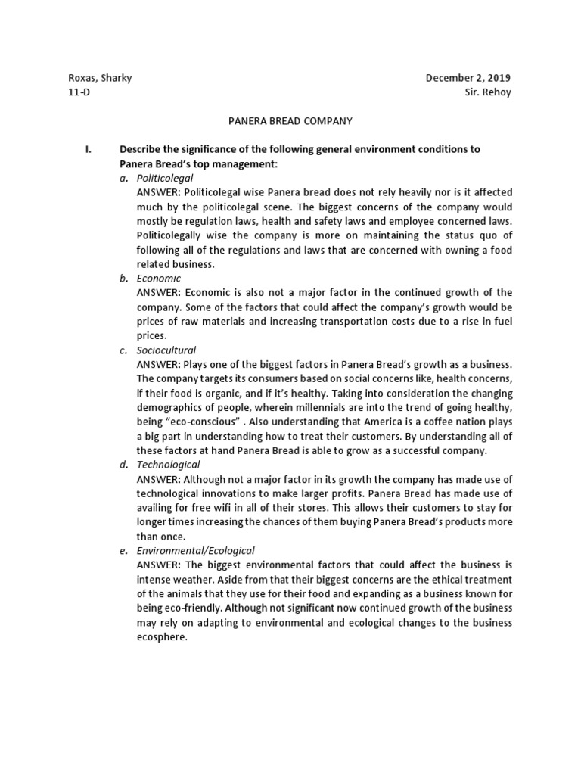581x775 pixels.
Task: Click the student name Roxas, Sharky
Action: coord(100,78)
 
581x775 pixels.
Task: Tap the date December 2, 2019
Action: coord(468,78)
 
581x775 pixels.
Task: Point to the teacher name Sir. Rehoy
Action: coord(488,92)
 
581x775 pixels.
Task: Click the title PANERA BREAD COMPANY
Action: coord(290,120)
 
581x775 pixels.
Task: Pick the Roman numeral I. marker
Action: coord(89,149)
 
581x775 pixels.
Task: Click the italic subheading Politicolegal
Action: coord(165,177)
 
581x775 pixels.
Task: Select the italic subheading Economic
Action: coord(159,278)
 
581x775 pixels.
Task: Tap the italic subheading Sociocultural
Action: coord(166,350)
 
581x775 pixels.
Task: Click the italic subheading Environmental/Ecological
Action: coord(195,550)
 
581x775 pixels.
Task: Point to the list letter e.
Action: coord(123,550)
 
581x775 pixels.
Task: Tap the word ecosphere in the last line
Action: coord(161,636)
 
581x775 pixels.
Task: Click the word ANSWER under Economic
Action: coord(158,292)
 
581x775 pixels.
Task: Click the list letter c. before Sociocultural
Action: coord(123,350)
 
